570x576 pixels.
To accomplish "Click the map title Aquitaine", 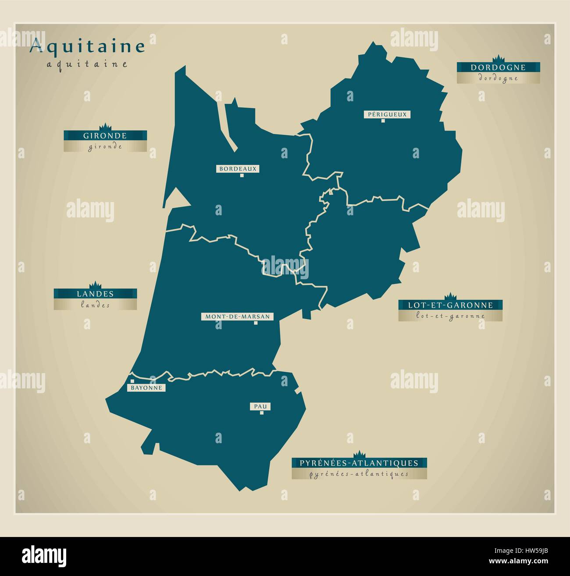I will click(x=87, y=47).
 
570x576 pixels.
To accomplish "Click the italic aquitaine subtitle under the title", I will click(x=87, y=64).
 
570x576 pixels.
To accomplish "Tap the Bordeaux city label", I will click(x=238, y=168).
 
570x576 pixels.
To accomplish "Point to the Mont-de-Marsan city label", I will click(x=237, y=316).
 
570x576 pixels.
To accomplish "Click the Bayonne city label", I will click(x=146, y=388).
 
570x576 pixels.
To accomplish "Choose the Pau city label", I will click(x=260, y=406).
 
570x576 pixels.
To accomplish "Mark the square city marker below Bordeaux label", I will click(x=242, y=176).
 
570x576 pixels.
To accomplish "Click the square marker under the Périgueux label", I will click(x=383, y=121).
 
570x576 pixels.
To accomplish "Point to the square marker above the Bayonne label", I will click(x=131, y=381).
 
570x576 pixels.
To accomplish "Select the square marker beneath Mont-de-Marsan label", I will click(x=256, y=324).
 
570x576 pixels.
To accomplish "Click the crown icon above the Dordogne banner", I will click(x=498, y=59).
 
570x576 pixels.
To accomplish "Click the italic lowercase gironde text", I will click(x=105, y=147).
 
